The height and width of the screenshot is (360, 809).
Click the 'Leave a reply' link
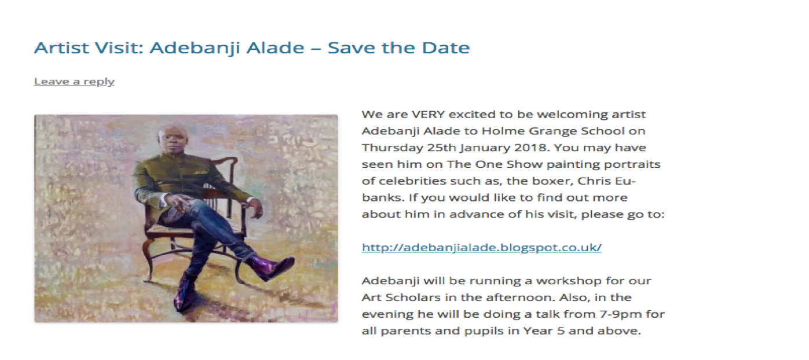click(74, 82)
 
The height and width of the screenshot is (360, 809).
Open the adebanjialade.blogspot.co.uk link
click(482, 247)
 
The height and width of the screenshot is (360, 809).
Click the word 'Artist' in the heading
click(61, 47)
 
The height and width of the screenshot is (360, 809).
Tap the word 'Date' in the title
click(446, 47)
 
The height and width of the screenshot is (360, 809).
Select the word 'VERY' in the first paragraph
click(428, 115)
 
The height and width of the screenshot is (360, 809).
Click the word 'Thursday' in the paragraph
click(393, 148)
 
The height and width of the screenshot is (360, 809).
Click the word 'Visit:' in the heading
click(119, 47)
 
